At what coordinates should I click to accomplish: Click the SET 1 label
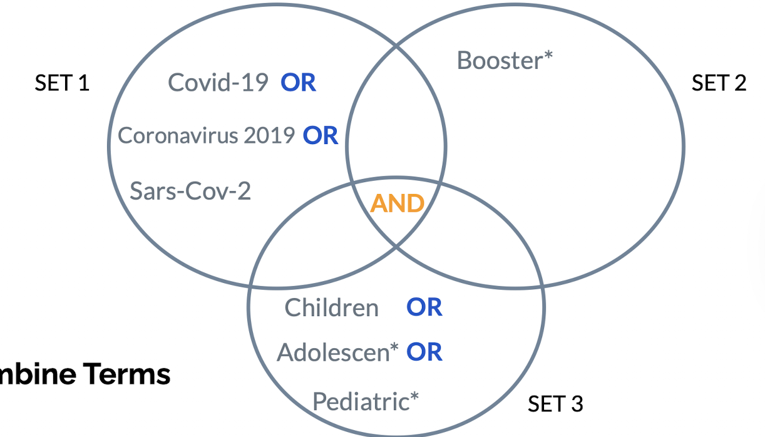62,83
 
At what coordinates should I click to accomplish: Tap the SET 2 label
719,83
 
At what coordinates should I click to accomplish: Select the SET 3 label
555,404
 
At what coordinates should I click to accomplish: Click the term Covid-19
218,83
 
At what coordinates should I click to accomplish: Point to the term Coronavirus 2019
206,135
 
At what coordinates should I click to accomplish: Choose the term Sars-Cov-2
190,190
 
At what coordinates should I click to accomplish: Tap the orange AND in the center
398,203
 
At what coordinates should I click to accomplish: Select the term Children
331,307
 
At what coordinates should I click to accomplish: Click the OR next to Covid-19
298,83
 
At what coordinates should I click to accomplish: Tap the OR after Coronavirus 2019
321,135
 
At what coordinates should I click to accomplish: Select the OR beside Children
424,307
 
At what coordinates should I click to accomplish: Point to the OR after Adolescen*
424,352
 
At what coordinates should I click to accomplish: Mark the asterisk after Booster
548,55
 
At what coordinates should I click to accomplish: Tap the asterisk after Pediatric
414,396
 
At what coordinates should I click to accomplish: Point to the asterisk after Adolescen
394,347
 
